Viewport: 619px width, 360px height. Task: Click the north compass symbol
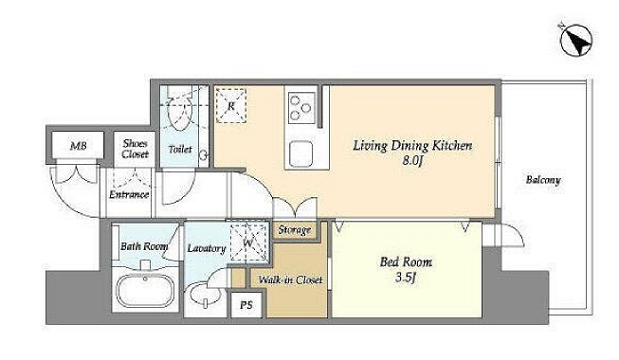coord(576,40)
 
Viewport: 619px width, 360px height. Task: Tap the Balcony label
coord(543,180)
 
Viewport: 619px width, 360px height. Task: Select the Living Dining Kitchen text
coord(412,146)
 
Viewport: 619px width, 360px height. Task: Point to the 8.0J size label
coord(412,161)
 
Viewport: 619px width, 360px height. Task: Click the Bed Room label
coord(406,262)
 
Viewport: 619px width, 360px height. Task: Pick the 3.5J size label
coord(406,278)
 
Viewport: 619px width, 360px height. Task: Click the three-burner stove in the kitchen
coord(301,107)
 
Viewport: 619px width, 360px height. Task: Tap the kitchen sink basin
coord(300,153)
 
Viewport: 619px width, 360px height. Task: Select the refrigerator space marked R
coord(231,106)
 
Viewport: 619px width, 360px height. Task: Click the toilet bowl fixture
coord(179,109)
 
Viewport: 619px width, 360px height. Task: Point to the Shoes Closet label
coord(135,149)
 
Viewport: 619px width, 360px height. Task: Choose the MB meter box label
coord(78,146)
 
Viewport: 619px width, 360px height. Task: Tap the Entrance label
coord(129,194)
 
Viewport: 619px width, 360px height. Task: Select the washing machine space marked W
coord(247,242)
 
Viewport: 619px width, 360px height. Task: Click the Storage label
coord(294,229)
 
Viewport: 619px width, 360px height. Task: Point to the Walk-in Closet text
coord(290,279)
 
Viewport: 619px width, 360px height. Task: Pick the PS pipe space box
coord(246,305)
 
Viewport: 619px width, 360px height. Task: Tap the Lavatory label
coord(206,248)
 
